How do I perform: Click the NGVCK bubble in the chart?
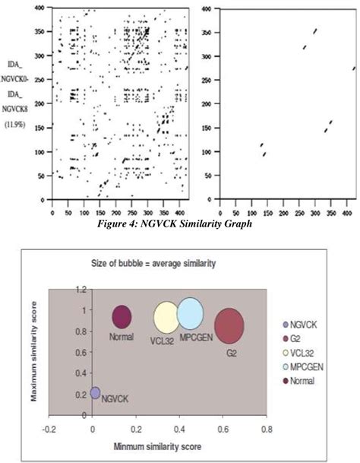95,393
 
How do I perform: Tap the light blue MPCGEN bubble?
190,315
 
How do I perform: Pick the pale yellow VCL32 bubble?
166,319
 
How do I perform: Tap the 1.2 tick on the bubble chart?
79,290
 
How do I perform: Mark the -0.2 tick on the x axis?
49,430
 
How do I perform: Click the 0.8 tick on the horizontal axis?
266,430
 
